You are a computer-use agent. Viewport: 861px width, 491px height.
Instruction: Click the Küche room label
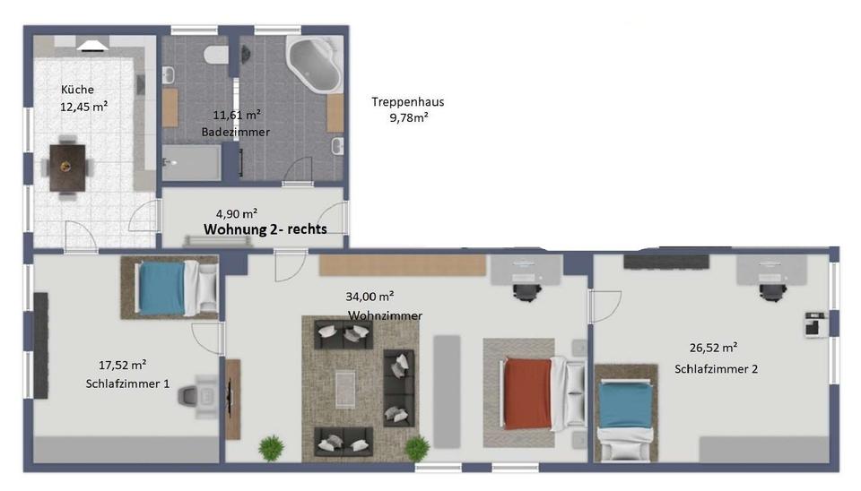(77, 90)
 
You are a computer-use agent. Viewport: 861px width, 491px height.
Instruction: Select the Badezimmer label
(236, 132)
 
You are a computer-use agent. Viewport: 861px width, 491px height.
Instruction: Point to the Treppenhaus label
(408, 102)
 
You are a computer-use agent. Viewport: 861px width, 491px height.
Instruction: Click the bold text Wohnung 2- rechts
(265, 229)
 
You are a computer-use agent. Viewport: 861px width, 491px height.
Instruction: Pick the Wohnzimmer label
(385, 315)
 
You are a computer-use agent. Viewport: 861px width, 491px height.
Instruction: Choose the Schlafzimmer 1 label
(127, 383)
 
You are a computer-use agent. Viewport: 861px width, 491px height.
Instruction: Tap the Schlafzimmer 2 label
(717, 368)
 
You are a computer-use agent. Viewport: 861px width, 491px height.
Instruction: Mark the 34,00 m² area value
(370, 297)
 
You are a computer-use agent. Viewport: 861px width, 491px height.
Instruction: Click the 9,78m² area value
(408, 117)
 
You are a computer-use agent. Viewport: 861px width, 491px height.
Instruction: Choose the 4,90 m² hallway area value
(237, 213)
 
